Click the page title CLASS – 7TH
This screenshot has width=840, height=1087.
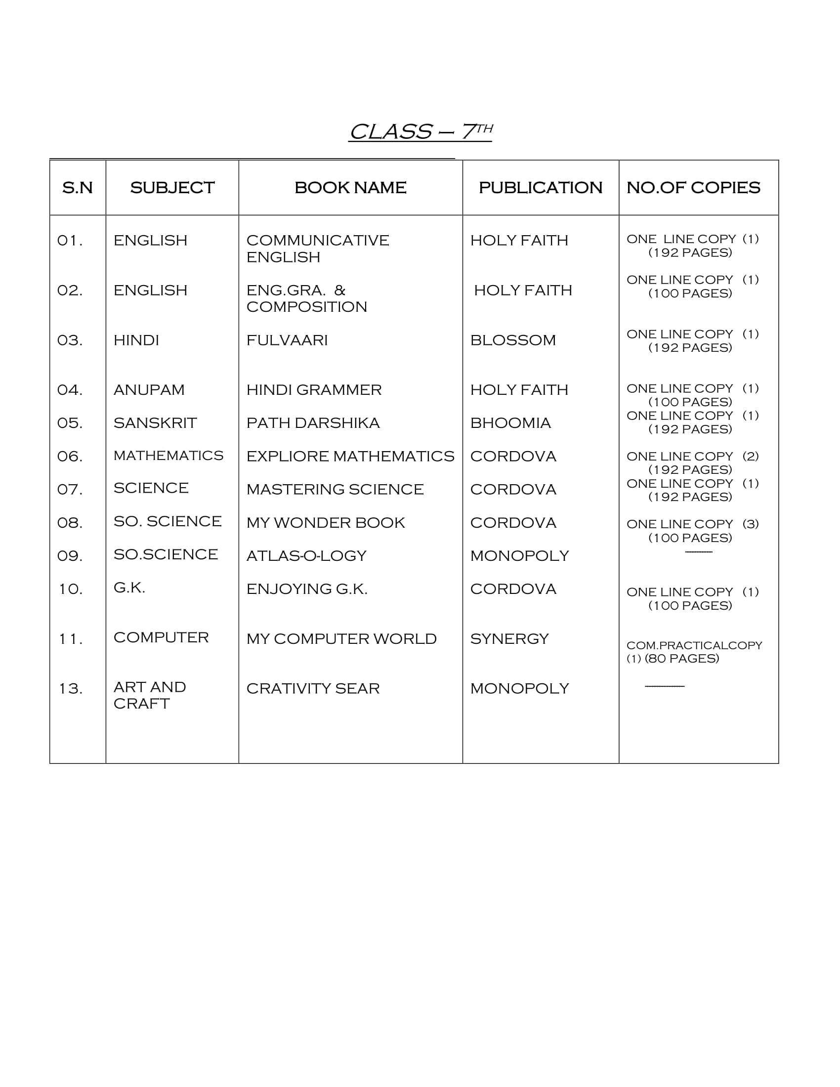pos(420,131)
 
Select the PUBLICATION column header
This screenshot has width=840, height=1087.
pos(541,188)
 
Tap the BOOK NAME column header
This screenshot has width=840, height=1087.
pos(350,188)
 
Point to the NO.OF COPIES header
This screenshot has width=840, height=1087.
pos(693,188)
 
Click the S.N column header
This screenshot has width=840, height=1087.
pos(78,188)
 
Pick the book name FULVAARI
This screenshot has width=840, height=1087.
pos(287,340)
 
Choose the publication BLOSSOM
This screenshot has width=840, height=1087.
pos(512,340)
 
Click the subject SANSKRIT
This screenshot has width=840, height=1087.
pos(155,423)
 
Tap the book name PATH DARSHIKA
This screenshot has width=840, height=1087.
pos(313,423)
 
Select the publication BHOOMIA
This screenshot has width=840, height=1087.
pos(510,423)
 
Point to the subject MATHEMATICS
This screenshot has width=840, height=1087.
pos(168,456)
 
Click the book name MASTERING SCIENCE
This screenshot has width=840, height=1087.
pos(335,489)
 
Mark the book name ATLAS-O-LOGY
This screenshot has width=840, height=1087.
pos(306,556)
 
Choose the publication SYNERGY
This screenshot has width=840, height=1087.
pos(509,638)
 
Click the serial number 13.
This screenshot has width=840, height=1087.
pos(70,689)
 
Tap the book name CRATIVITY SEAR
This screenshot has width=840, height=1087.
pos(313,689)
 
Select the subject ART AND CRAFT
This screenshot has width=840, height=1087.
pos(149,695)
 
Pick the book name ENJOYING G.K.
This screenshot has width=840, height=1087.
pos(307,589)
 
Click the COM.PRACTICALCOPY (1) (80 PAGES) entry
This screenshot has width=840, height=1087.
pos(694,652)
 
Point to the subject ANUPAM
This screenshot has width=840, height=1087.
pos(149,390)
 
